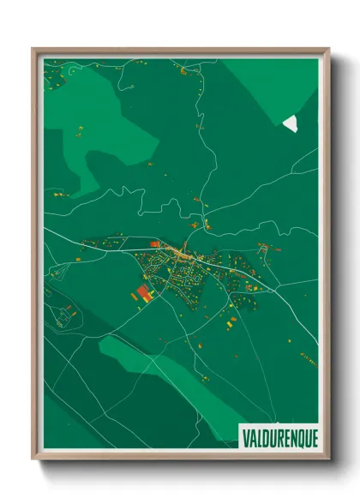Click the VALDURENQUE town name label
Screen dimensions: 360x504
(279, 436)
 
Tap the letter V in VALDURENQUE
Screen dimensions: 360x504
(244, 436)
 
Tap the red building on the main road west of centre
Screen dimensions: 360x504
(155, 245)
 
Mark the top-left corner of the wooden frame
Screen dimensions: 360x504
(34, 50)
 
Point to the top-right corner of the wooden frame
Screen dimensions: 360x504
(328, 50)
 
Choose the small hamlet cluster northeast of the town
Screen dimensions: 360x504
(264, 249)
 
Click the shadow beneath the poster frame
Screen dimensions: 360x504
(184, 470)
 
